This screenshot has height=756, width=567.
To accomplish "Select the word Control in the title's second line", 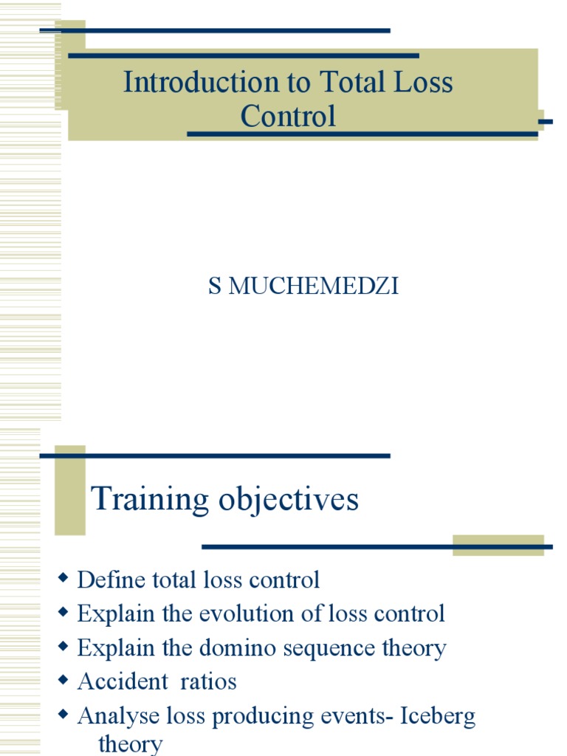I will (288, 116).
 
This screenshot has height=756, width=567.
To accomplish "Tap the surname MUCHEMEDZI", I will (314, 287).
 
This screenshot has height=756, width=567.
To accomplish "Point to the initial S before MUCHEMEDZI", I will (214, 287).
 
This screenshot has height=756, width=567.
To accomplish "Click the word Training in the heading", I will (150, 500).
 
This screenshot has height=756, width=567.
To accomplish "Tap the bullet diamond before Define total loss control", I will (63, 579).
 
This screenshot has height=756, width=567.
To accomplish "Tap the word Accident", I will (123, 681).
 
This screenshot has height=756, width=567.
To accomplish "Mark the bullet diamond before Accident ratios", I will (63, 680).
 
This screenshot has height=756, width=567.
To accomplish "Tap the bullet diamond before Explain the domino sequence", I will (63, 647).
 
